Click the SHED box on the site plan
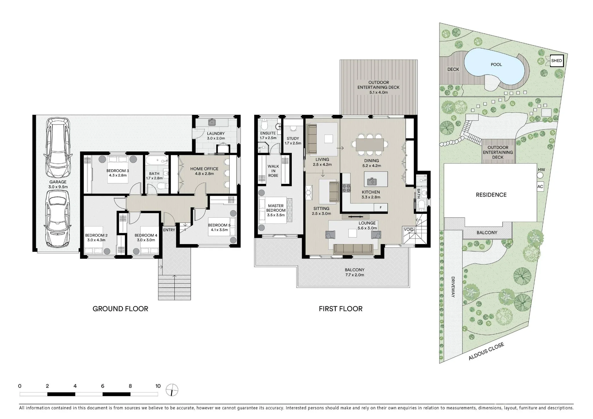(556, 61)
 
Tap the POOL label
(496, 64)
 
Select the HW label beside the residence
(541, 170)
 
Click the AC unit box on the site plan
(540, 187)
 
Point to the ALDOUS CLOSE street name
(486, 351)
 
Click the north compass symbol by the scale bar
(172, 390)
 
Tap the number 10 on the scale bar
(158, 386)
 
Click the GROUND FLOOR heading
(120, 309)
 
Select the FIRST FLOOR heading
(341, 309)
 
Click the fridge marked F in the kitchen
(381, 208)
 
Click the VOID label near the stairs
(409, 229)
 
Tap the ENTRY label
(169, 230)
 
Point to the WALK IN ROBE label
(273, 171)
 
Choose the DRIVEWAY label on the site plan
(453, 287)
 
